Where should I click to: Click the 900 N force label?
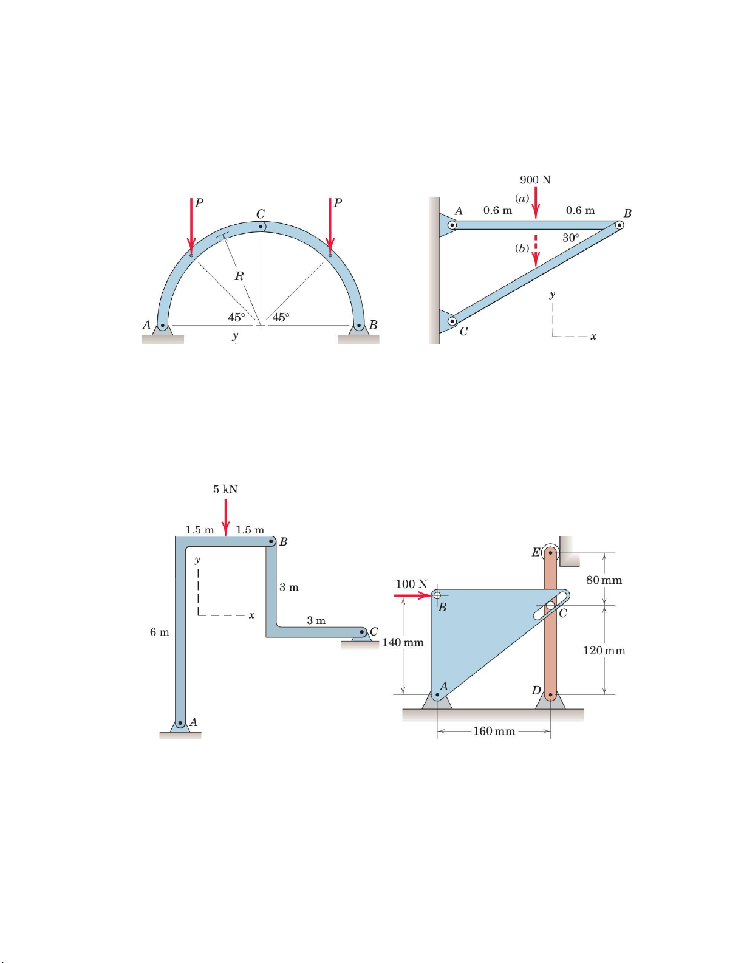[535, 180]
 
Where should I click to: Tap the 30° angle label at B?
[570, 238]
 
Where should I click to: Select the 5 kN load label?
[225, 489]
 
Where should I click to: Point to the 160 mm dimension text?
[494, 731]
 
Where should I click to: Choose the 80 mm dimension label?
[604, 580]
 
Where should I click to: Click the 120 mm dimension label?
[604, 651]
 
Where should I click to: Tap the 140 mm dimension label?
[403, 643]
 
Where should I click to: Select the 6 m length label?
[159, 632]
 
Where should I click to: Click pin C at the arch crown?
[261, 227]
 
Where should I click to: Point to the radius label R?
[239, 276]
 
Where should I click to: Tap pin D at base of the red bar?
[550, 694]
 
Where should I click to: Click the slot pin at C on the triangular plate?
[550, 605]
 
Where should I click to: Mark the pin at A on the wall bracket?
[452, 225]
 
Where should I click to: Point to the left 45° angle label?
[236, 317]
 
